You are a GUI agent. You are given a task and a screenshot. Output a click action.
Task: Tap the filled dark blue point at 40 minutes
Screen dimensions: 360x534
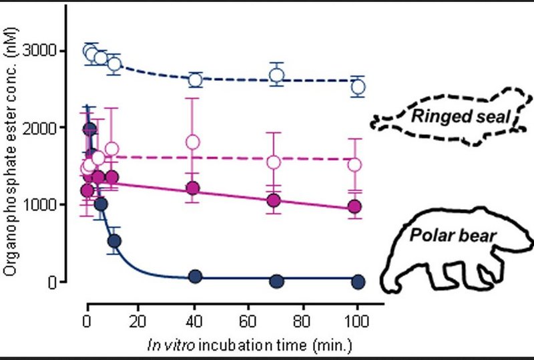[196, 277]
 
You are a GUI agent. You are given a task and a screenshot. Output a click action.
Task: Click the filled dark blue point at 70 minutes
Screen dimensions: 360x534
[276, 281]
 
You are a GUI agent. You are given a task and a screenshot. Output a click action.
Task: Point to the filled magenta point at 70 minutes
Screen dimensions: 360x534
[274, 200]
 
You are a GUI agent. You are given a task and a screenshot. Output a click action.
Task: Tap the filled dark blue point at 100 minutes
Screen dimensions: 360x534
[358, 281]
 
